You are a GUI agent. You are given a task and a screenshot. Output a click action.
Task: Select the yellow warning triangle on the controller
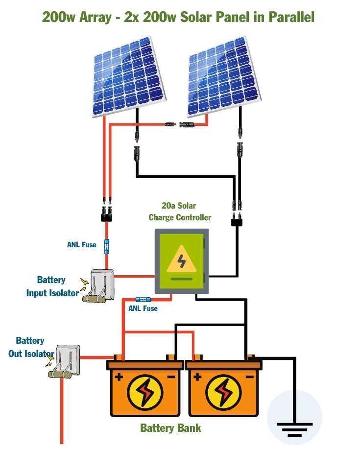point(181,260)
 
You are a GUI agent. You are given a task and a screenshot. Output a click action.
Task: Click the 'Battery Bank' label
point(170,428)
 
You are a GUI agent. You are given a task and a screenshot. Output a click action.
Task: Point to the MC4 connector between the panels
point(180,125)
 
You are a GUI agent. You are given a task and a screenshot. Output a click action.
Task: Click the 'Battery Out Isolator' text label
point(30,347)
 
